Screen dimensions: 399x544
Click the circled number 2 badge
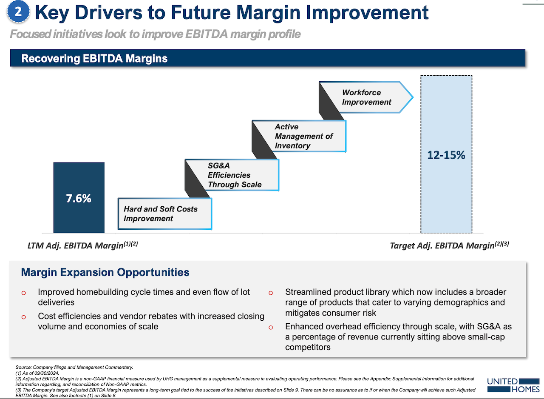(18, 12)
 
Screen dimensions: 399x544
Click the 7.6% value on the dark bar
(79, 198)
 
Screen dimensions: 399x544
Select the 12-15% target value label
(446, 155)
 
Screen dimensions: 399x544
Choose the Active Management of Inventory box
(303, 136)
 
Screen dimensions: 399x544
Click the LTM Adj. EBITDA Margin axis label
(80, 246)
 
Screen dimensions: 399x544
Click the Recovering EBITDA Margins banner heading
(94, 58)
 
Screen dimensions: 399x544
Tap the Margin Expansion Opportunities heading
(105, 272)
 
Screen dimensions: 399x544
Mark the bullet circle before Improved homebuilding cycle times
(23, 293)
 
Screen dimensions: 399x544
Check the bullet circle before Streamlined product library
(271, 293)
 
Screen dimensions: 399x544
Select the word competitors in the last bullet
(308, 347)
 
